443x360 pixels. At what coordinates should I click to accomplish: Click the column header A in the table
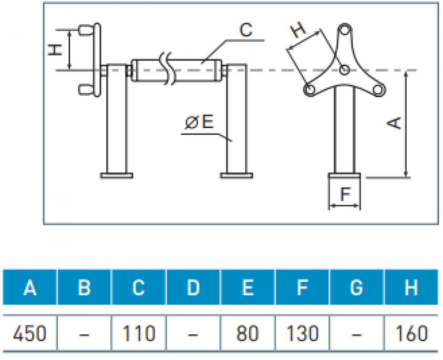[x=30, y=288]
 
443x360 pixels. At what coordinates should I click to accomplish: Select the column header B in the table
[x=84, y=288]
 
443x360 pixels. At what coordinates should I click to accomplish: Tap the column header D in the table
[x=193, y=288]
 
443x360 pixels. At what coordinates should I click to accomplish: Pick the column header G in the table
[x=357, y=288]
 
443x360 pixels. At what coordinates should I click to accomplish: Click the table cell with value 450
[x=30, y=333]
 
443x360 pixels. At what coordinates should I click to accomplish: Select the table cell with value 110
[x=139, y=333]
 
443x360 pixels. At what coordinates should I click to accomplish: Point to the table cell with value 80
[x=248, y=333]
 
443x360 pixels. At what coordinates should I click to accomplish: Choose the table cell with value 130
[x=302, y=333]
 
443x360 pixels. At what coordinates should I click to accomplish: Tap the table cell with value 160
[x=411, y=333]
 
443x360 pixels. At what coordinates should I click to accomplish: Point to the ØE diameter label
[x=200, y=122]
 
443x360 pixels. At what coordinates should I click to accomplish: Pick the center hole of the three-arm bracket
[x=344, y=70]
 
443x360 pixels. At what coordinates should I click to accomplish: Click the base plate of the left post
[x=117, y=176]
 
